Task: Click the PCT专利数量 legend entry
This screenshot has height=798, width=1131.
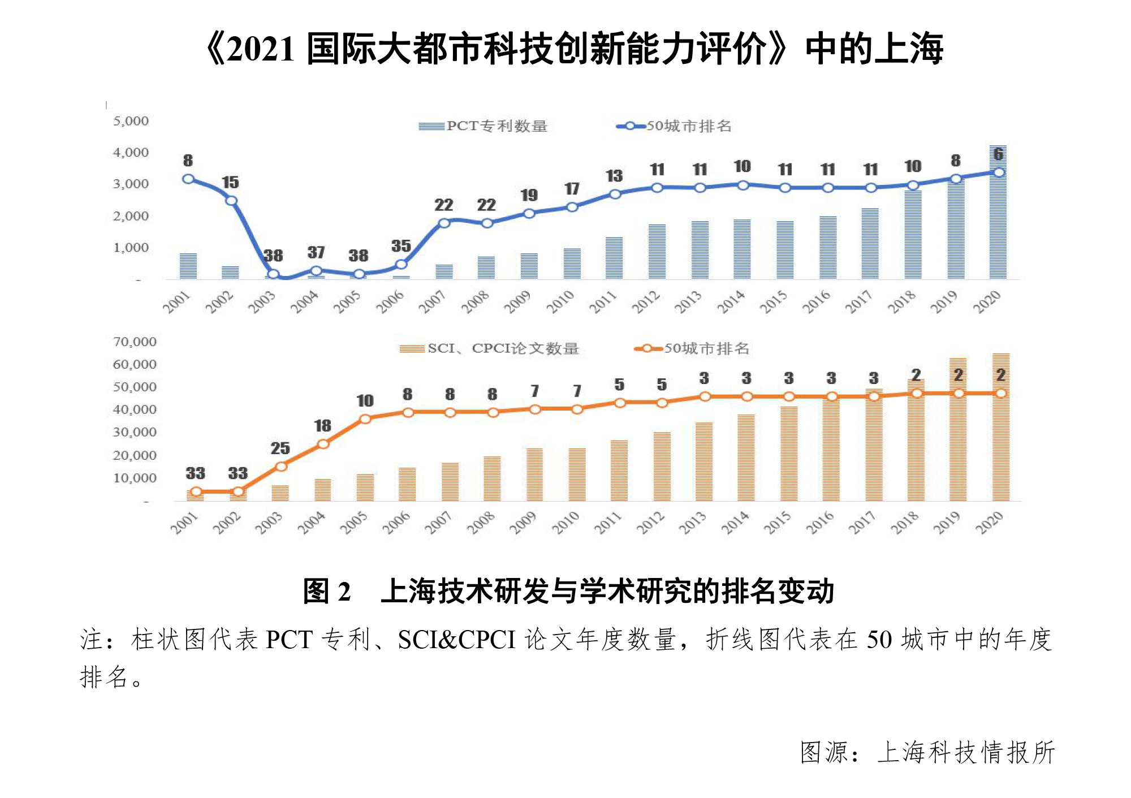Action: (x=483, y=126)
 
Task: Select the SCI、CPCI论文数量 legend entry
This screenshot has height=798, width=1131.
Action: (x=489, y=348)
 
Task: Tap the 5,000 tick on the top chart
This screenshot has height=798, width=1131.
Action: (x=131, y=121)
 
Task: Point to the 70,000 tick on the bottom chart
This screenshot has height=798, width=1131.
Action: (x=135, y=342)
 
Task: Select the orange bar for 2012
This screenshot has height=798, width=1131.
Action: (x=662, y=467)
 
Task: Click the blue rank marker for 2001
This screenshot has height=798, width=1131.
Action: (x=188, y=179)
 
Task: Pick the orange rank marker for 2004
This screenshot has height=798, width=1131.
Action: (x=323, y=444)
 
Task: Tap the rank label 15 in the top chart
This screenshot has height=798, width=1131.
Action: (x=230, y=182)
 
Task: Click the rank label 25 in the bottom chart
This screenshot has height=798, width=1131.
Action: (x=280, y=448)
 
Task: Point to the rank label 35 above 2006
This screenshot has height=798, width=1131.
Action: (x=401, y=246)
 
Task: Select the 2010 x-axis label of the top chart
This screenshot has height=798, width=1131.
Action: (x=560, y=302)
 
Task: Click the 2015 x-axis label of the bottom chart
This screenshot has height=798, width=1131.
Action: (x=778, y=523)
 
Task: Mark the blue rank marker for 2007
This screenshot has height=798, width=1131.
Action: (x=444, y=223)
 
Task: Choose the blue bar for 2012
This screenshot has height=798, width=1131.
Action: (x=657, y=251)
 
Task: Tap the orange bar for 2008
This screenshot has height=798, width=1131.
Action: (x=492, y=478)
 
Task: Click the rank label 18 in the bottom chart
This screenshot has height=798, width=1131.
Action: (x=322, y=426)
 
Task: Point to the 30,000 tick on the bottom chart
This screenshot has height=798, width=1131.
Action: (x=135, y=433)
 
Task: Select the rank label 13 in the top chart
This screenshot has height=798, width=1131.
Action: (x=614, y=176)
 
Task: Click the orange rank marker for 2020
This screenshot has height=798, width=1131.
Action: (x=1001, y=393)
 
